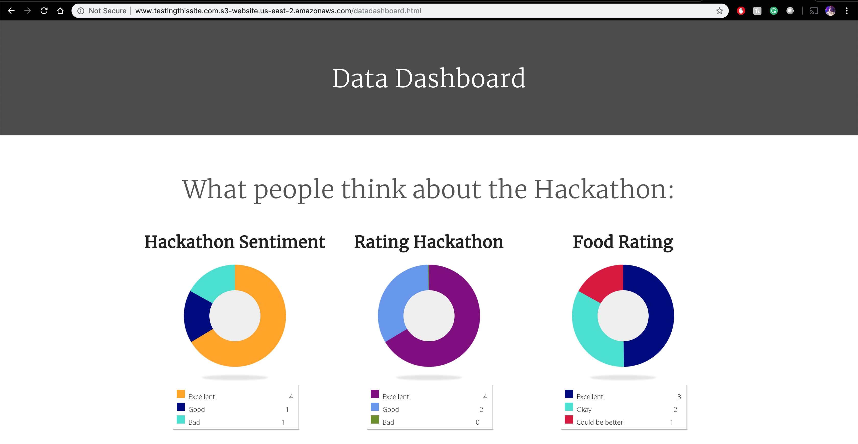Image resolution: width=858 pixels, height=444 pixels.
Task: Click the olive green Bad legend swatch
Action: (375, 420)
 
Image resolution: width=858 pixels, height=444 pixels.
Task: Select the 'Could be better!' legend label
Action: (601, 422)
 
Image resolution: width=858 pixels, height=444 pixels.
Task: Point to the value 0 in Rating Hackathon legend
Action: (477, 422)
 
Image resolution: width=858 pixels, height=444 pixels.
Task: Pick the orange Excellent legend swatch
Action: (181, 394)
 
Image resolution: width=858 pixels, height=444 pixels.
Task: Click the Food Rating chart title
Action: (623, 242)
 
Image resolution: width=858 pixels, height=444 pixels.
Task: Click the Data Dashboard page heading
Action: (429, 78)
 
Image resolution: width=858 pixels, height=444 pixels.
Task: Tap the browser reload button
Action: (44, 11)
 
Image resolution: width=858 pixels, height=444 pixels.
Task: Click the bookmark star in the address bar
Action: (719, 11)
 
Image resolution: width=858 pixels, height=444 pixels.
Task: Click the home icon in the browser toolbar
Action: (60, 11)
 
